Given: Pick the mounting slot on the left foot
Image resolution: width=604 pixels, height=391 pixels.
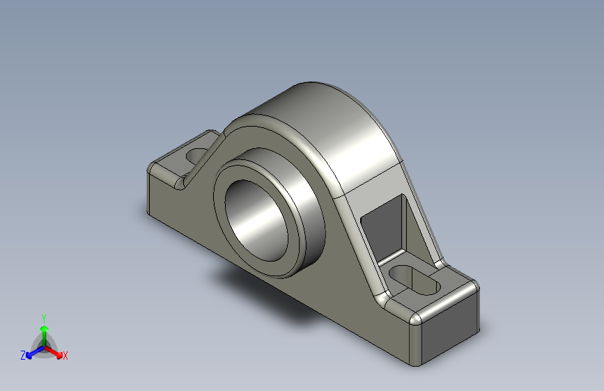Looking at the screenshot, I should click(197, 154).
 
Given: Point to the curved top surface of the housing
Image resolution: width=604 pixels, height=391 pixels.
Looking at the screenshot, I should click(334, 132).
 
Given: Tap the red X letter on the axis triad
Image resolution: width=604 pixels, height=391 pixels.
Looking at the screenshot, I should click(65, 356).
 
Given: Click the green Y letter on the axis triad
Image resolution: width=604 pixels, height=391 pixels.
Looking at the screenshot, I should click(43, 317).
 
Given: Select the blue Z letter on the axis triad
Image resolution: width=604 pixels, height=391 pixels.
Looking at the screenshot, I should click(23, 356).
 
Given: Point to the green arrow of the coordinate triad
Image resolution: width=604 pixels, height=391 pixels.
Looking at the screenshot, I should click(44, 330).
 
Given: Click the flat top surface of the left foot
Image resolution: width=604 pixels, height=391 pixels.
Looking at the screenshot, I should click(171, 167).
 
